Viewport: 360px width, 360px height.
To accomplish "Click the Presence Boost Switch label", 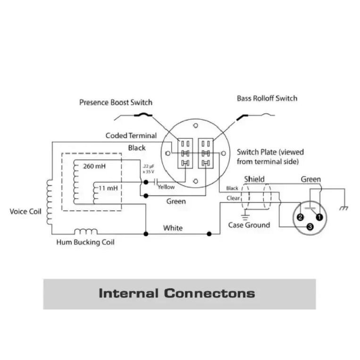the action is [116, 102].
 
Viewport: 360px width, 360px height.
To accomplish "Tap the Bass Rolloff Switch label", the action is [267, 98].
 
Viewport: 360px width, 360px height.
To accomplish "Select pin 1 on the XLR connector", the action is [319, 217].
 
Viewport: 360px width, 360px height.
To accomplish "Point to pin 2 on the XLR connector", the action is [300, 217].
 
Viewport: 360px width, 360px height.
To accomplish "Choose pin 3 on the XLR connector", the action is [310, 227].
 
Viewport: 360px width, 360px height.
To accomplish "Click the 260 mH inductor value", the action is [94, 166].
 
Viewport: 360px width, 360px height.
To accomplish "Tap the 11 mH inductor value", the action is [108, 188].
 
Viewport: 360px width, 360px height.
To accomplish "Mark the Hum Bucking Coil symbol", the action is [86, 231].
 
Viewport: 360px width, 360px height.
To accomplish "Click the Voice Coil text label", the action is [25, 211].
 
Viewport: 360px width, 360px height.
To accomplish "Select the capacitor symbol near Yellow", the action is [156, 182].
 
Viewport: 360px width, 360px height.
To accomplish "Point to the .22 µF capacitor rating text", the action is [148, 169].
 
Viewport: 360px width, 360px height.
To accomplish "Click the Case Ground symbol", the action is [245, 217].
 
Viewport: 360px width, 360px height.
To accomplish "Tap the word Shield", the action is [254, 179].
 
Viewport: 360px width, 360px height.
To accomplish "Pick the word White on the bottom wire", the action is [173, 228].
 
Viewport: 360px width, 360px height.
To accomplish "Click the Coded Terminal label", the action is [131, 135].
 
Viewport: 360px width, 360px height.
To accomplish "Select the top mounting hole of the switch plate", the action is [196, 126].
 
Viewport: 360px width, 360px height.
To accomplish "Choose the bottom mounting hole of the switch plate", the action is [196, 181].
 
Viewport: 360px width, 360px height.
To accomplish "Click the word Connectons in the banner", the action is [209, 293].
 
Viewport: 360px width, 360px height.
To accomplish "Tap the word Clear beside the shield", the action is [233, 198].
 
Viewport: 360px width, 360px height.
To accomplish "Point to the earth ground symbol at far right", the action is [343, 208].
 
